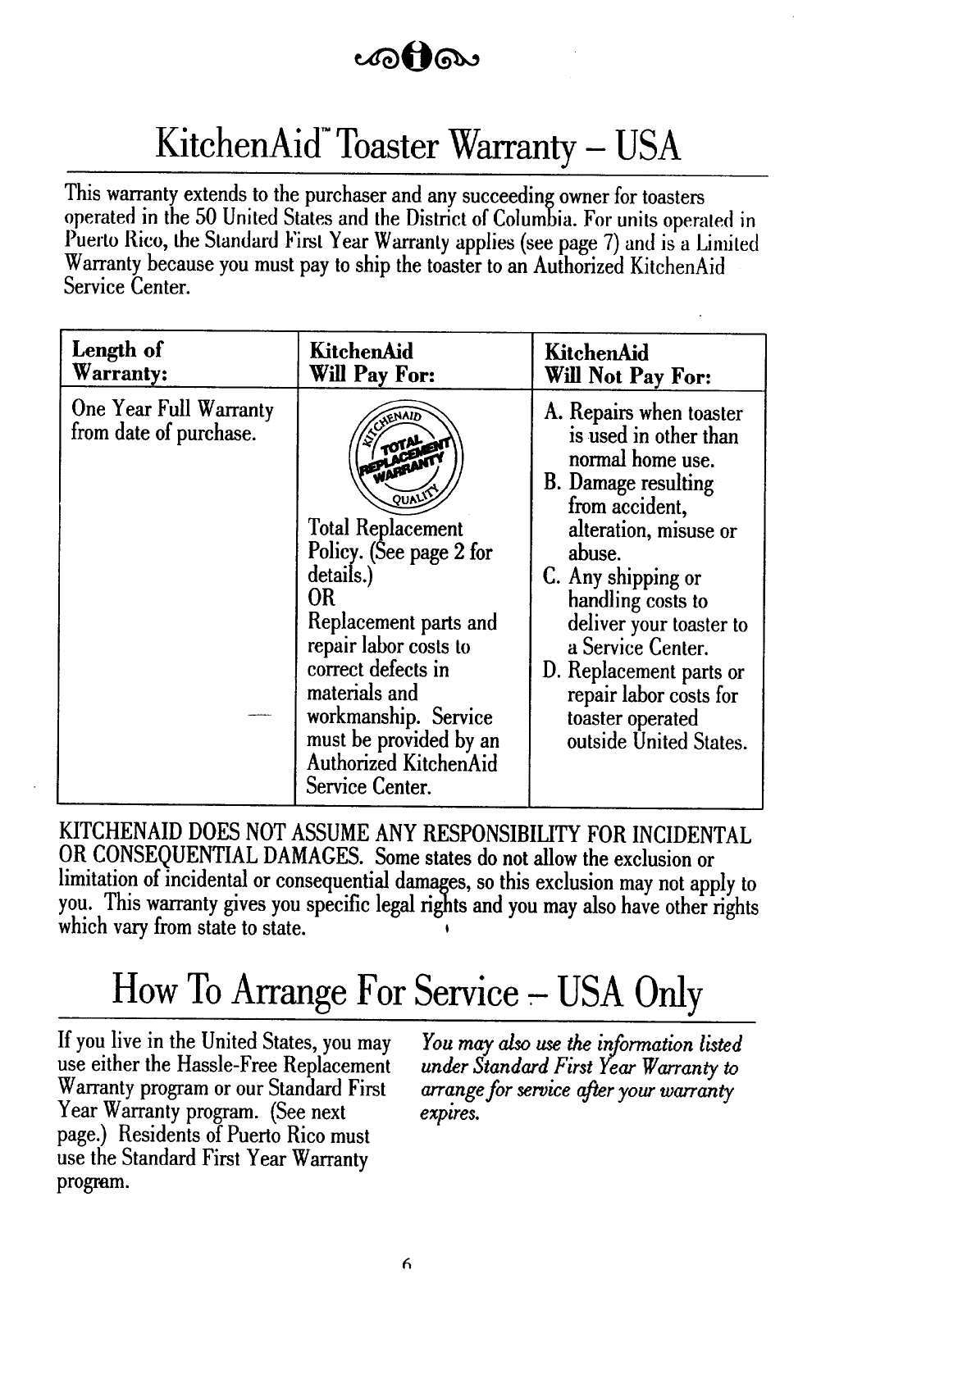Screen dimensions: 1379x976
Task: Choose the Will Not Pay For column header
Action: tap(627, 365)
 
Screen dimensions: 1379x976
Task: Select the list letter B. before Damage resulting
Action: tap(552, 484)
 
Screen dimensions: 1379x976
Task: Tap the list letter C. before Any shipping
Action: tap(552, 578)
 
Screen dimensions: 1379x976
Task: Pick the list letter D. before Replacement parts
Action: tap(552, 672)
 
